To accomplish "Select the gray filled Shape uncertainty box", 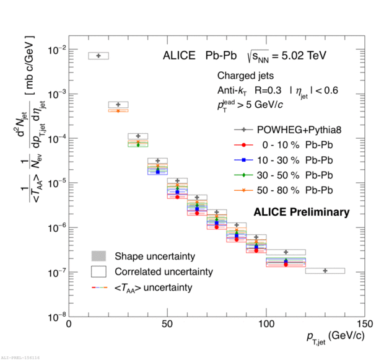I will pos(99,256).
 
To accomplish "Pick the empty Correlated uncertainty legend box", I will pos(99,271).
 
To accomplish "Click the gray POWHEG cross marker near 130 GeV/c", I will pos(325,271).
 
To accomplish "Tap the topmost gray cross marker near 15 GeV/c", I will pos(98,56).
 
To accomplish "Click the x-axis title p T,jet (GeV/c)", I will pos(334,338).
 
